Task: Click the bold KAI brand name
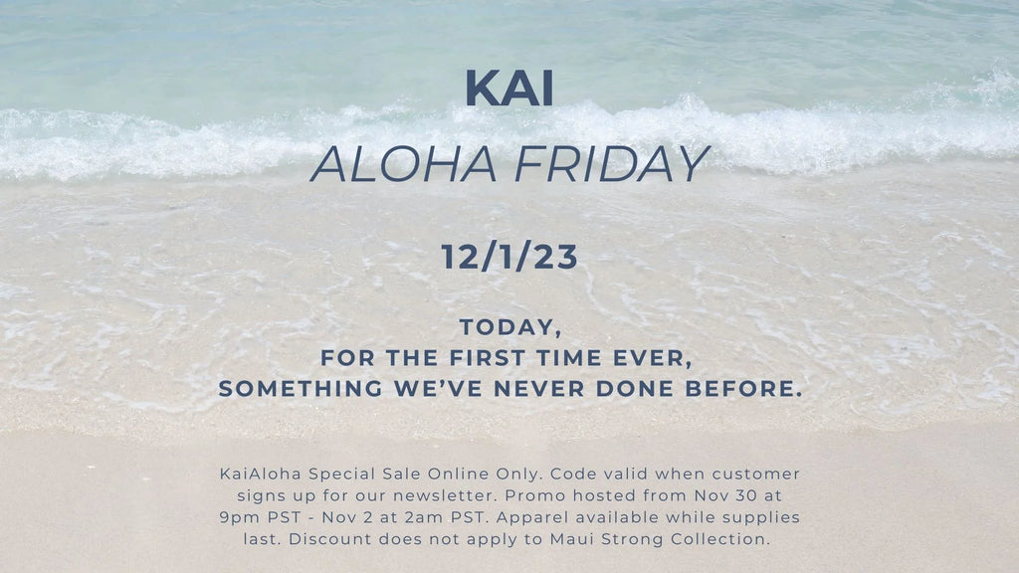[509, 88]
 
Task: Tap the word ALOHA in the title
[404, 164]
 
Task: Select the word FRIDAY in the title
[612, 164]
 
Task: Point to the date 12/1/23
[509, 257]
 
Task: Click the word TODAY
[510, 328]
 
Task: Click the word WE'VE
[438, 389]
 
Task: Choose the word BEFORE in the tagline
[744, 389]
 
